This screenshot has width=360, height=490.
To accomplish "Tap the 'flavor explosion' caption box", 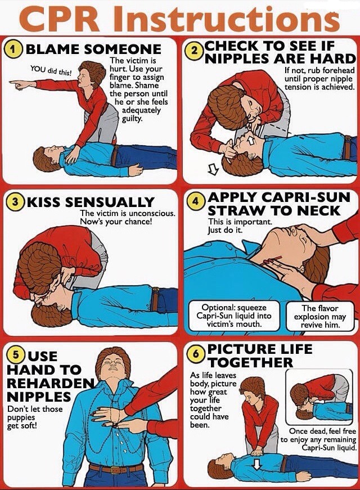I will (x=319, y=316).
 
